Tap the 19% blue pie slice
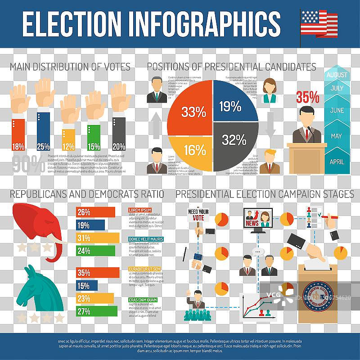click(x=232, y=106)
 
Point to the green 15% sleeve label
click(x=94, y=146)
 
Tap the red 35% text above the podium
click(x=307, y=97)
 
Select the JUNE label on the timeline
click(x=337, y=110)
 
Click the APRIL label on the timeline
click(x=337, y=162)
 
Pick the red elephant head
click(x=38, y=225)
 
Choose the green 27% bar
click(x=97, y=311)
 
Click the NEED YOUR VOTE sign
click(x=198, y=215)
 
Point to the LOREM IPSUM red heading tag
click(x=140, y=210)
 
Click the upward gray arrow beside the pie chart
click(x=156, y=125)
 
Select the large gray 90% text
click(x=29, y=164)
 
